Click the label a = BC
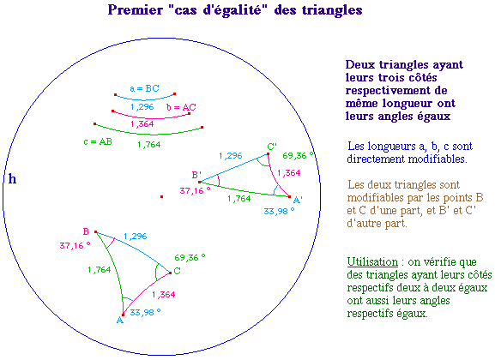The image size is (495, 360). pos(144,88)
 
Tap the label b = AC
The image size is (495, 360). pos(181,107)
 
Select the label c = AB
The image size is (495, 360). pos(98,142)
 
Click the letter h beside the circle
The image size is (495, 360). pos(12,179)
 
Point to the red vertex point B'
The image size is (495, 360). pos(200,182)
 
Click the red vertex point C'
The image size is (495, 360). pos(268,154)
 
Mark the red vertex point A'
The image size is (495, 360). pos(289,196)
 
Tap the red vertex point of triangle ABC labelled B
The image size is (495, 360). pos(95,231)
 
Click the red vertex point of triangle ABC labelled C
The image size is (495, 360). pos(170,273)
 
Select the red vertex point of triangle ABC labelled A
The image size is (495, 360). pos(124,315)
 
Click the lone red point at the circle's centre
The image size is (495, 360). pos(161,196)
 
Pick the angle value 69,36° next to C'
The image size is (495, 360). pos(298,155)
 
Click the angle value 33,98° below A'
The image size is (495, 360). pos(279,211)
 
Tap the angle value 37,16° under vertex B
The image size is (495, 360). pos(75,245)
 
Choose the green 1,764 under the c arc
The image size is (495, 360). pos(149,145)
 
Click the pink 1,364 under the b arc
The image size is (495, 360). pos(142,124)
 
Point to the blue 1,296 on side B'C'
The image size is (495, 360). pos(231,155)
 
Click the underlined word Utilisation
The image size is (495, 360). pos(372,262)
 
